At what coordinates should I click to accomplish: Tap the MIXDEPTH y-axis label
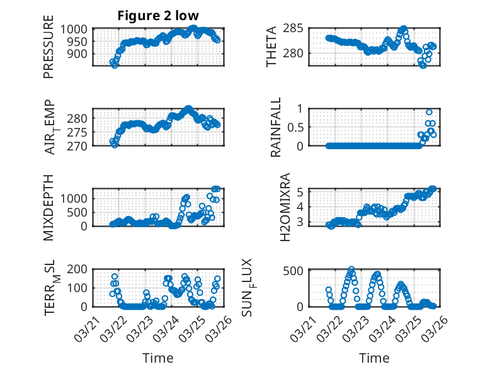tap(48, 206)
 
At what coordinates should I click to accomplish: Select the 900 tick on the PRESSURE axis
tap(79, 54)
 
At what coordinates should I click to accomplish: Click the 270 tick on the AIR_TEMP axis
tap(79, 145)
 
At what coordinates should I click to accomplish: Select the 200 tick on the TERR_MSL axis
tap(79, 269)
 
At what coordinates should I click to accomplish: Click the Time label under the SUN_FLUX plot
tap(374, 358)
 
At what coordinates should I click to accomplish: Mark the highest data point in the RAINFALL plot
tap(430, 112)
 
